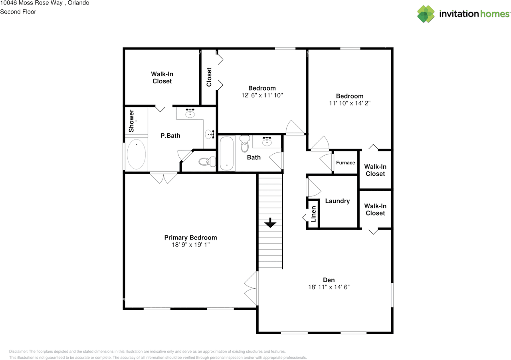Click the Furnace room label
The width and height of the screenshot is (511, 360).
(x=345, y=163)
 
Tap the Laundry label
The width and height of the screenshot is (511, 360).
(x=337, y=201)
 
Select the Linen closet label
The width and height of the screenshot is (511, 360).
(x=313, y=214)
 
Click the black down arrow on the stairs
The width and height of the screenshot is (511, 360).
(x=270, y=223)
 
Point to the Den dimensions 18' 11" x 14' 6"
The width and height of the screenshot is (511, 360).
(x=329, y=287)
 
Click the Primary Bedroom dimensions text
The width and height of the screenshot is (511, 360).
(x=191, y=245)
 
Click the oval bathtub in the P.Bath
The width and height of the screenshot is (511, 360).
(x=136, y=154)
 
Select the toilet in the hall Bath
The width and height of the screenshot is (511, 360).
(x=245, y=144)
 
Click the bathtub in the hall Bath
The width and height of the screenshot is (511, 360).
(x=226, y=153)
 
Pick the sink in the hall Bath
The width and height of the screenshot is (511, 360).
(x=267, y=142)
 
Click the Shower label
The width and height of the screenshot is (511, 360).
(x=131, y=121)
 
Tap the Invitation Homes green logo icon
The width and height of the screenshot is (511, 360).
(x=426, y=14)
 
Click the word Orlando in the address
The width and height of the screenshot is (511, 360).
(x=78, y=3)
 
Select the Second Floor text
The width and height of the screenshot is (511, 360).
(x=18, y=12)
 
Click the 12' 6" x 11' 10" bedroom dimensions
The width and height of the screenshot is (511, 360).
(x=262, y=95)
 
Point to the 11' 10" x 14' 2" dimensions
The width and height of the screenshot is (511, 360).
(x=349, y=103)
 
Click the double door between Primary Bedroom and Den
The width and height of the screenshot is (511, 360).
(x=252, y=289)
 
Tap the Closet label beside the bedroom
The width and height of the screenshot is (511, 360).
(x=209, y=77)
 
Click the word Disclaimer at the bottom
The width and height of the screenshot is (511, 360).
(x=18, y=352)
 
